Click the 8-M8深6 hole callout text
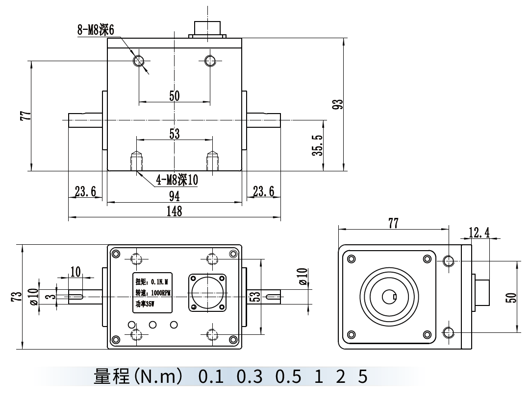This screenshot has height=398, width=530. tap(96, 30)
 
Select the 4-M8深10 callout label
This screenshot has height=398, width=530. tap(177, 180)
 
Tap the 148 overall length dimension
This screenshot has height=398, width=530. tap(174, 211)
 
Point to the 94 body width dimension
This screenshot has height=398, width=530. tap(174, 196)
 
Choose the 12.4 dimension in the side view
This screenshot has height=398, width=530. tap(479, 232)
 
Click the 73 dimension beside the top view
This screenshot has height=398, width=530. tap(17, 297)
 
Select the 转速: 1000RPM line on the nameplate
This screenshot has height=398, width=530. tap(152, 293)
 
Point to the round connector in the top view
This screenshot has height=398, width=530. tap(207, 293)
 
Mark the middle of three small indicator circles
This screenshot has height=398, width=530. tap(152, 324)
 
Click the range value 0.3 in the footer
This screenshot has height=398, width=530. tap(250, 377)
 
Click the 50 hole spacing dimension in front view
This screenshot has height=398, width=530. tap(174, 95)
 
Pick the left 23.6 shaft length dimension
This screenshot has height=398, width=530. tap(85, 191)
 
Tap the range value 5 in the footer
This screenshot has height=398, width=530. tap(362, 377)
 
